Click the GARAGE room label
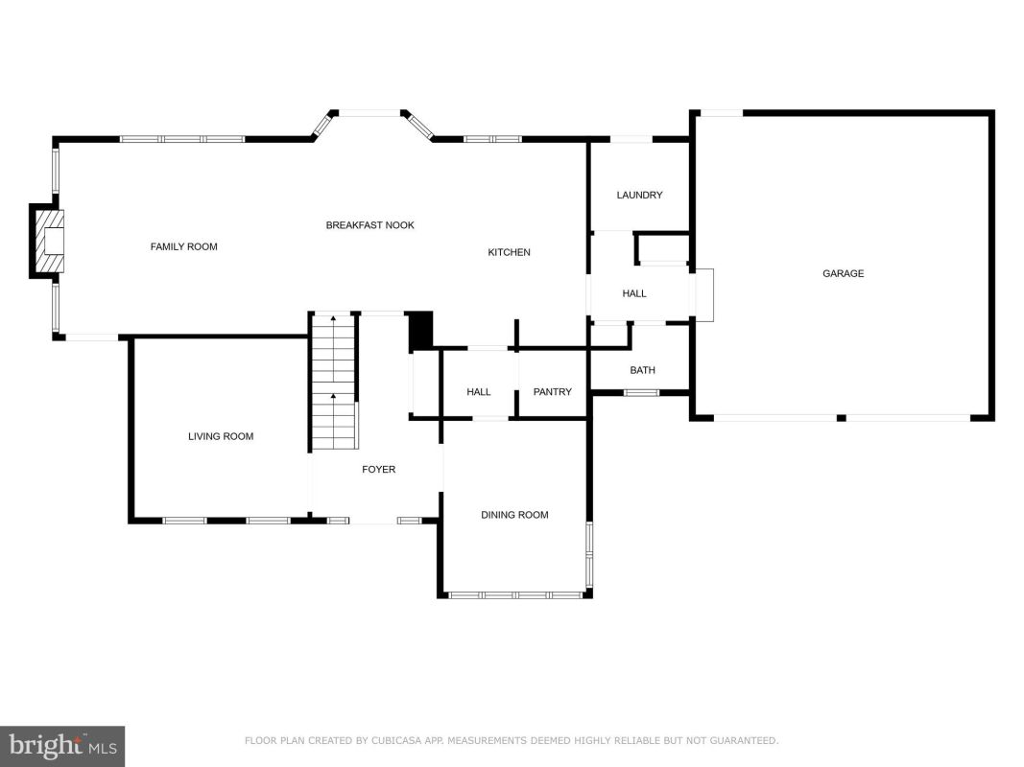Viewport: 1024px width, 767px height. (x=843, y=273)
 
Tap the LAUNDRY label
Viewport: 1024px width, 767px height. (x=639, y=195)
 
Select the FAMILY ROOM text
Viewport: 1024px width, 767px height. (x=183, y=246)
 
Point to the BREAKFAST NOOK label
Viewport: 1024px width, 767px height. (x=369, y=225)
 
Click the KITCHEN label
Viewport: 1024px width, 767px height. (x=509, y=252)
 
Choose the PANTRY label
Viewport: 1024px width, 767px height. (x=553, y=392)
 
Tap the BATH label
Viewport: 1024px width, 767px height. (x=642, y=370)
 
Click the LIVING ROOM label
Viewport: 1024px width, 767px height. (x=221, y=436)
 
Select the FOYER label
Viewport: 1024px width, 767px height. (x=379, y=470)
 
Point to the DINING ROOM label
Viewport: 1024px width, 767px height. (x=514, y=515)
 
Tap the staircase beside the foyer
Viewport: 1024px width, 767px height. (x=334, y=383)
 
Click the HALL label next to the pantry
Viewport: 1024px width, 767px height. (x=479, y=392)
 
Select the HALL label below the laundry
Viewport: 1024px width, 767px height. (x=634, y=294)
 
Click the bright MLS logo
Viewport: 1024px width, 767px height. (x=62, y=747)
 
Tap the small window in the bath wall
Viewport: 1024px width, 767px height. (x=641, y=393)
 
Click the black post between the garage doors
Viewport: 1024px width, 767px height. (x=842, y=418)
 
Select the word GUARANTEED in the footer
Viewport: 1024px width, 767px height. (x=744, y=741)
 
